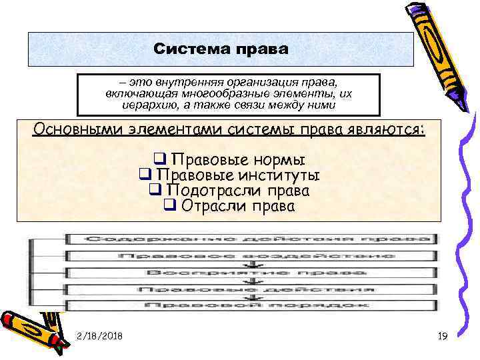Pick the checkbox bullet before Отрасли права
(169, 206)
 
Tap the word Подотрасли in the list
(203, 190)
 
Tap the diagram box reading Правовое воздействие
(250, 255)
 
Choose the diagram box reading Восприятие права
(250, 273)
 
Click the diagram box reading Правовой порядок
(250, 305)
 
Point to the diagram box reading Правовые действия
(250, 289)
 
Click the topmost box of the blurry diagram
(250, 238)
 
